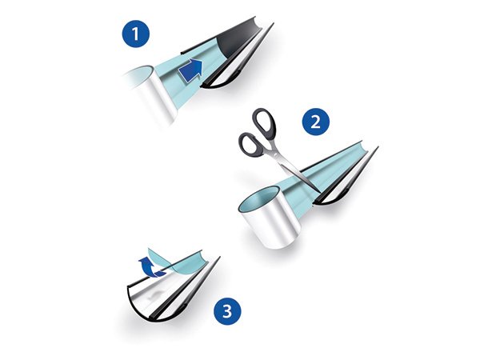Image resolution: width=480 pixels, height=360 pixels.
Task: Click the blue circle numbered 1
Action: (135, 34)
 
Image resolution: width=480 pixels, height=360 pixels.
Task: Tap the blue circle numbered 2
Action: (316, 122)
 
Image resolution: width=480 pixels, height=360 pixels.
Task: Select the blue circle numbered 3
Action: (227, 311)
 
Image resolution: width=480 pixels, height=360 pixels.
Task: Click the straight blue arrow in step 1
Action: (190, 70)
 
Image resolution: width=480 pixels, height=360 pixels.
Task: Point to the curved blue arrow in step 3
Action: (151, 267)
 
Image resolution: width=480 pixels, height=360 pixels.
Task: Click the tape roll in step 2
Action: (271, 217)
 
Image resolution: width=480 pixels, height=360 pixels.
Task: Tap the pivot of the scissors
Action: (277, 156)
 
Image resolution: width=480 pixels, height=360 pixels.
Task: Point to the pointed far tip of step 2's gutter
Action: (378, 147)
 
